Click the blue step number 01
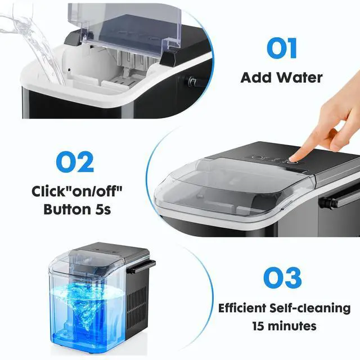point(281,48)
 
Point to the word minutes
point(289,326)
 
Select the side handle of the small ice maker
point(141,265)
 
